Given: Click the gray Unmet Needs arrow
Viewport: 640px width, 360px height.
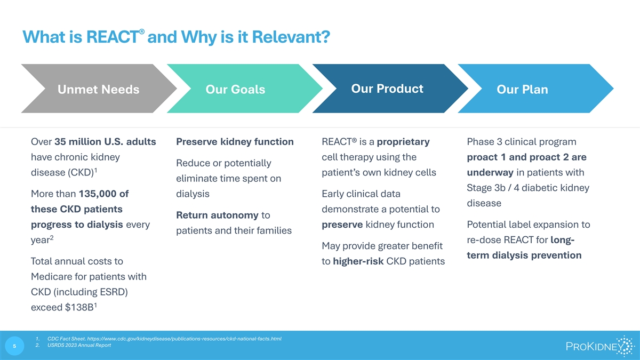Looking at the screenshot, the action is pos(99,89).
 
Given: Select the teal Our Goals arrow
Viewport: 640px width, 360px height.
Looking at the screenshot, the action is pos(244,89).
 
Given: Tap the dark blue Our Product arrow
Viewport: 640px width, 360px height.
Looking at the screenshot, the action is pos(390,89).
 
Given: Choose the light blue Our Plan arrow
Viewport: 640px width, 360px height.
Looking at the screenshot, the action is pos(535,89).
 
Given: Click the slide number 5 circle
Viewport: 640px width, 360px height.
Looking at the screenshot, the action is pos(14,346).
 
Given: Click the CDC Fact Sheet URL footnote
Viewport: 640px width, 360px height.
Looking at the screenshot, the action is pos(164,339).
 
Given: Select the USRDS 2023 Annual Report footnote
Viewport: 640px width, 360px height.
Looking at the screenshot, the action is pos(79,345).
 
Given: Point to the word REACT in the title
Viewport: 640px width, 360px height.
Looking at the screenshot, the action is pos(113,37).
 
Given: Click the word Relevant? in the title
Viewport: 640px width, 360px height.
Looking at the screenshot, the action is pos(291,37).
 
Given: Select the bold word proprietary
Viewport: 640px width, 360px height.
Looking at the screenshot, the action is pos(403,142).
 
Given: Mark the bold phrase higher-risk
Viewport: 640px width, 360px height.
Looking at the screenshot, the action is pos(358,261).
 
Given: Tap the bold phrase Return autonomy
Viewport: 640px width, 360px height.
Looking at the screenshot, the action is pos(217,215).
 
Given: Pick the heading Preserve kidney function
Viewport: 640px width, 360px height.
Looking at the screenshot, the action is pos(235,142).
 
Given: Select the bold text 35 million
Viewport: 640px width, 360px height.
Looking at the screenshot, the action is pos(78,142).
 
